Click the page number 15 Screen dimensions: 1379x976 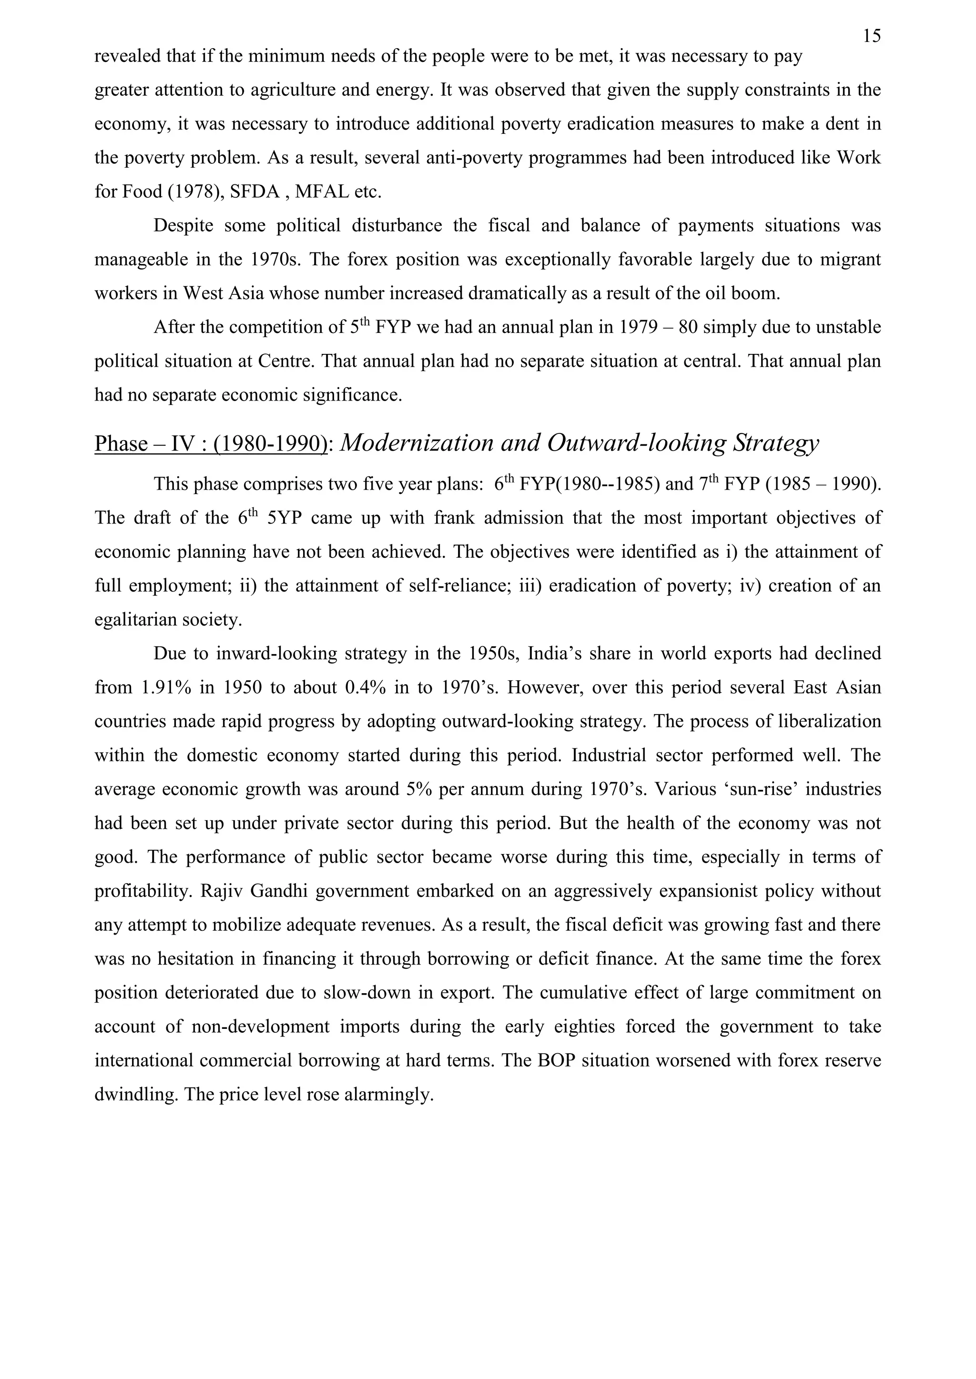click(x=872, y=37)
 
